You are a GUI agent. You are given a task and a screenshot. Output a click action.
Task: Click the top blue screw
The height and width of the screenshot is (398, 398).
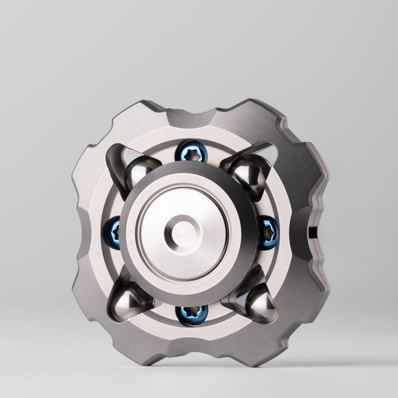pyautogui.click(x=191, y=151)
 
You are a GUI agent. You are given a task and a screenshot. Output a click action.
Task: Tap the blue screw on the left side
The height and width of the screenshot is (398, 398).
pyautogui.click(x=112, y=233)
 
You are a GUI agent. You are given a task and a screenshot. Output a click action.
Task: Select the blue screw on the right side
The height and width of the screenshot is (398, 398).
pyautogui.click(x=268, y=233)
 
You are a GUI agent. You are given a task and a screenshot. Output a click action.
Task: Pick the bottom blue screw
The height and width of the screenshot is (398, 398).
pyautogui.click(x=192, y=315)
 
